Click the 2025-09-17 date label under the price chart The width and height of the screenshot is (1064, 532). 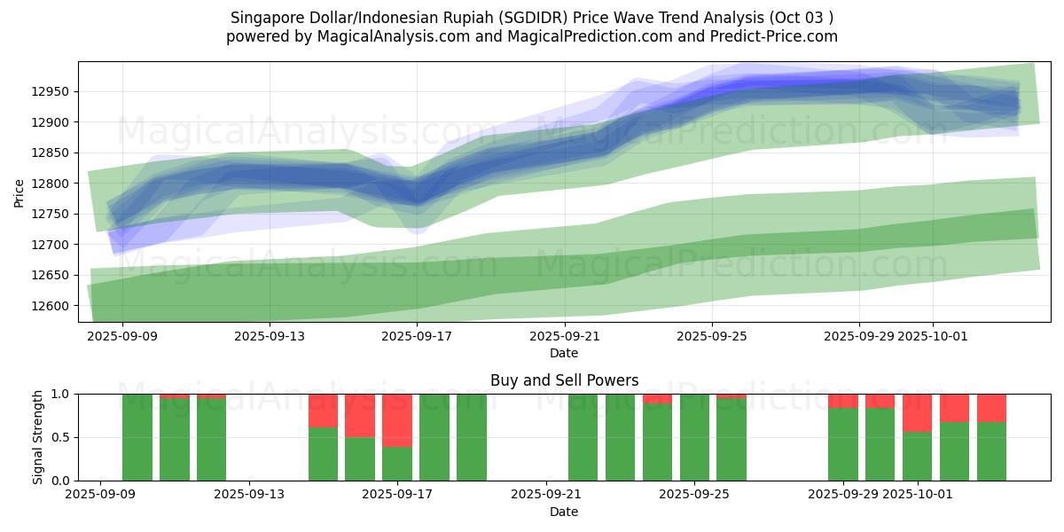[x=417, y=336]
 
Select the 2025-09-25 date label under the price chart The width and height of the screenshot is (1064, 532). [x=711, y=336]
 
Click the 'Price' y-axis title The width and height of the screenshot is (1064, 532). [x=20, y=192]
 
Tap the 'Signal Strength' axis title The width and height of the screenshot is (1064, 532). [x=37, y=437]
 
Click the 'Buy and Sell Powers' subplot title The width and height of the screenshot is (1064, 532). [x=564, y=380]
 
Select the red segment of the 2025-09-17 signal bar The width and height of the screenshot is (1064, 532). [x=397, y=420]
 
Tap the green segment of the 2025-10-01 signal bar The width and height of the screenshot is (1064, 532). [x=917, y=456]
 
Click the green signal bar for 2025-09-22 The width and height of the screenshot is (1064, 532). [x=583, y=437]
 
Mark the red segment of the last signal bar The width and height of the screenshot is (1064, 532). [x=991, y=408]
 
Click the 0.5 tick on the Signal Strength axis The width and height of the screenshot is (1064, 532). [x=62, y=437]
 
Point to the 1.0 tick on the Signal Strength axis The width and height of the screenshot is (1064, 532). [x=62, y=394]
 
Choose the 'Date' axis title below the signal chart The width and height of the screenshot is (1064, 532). [x=564, y=512]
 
